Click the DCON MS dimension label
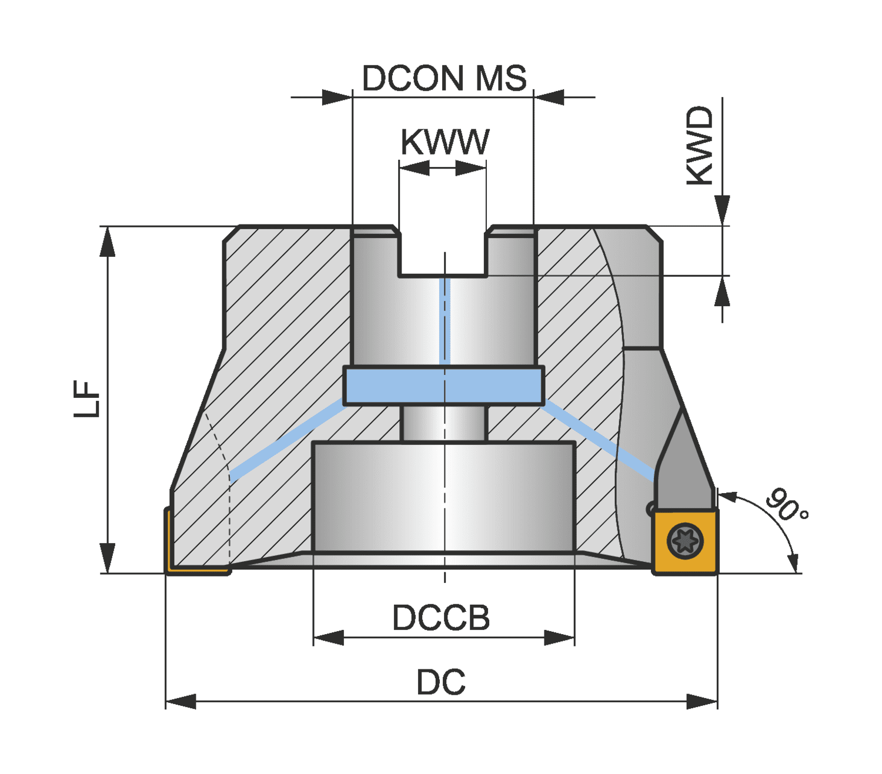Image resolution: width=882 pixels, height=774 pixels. (x=444, y=78)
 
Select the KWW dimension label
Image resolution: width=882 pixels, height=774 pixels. (x=445, y=142)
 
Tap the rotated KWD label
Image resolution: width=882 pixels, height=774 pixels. (x=700, y=145)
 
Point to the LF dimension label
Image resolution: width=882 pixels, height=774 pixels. (x=86, y=398)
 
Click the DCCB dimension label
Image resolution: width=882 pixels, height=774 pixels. (x=441, y=617)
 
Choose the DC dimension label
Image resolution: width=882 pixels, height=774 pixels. (x=441, y=682)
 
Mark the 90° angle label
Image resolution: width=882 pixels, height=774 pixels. (x=786, y=505)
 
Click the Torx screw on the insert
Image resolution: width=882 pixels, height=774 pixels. (x=685, y=541)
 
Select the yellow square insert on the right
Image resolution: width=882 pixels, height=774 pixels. (x=685, y=541)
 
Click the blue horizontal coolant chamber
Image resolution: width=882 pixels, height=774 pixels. (x=443, y=386)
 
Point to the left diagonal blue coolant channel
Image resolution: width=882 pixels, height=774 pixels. (x=288, y=440)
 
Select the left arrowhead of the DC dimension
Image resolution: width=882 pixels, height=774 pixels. (x=181, y=701)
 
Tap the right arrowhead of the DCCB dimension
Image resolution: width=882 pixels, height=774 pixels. (x=559, y=638)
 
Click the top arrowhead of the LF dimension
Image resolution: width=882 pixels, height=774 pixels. (x=108, y=242)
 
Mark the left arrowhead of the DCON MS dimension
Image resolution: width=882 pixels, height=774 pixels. (x=337, y=97)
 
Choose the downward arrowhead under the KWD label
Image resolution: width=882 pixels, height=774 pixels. (x=722, y=210)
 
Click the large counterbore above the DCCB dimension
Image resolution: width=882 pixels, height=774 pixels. (x=443, y=497)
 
